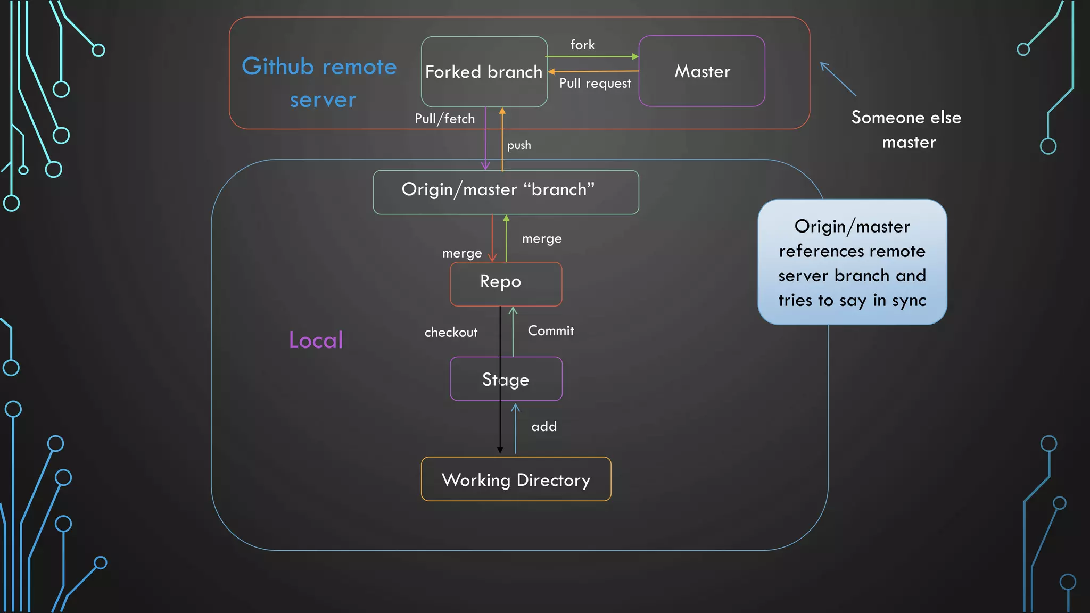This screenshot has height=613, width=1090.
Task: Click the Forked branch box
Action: click(484, 72)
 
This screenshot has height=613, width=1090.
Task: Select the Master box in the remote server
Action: click(701, 71)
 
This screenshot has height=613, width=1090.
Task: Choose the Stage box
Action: click(506, 379)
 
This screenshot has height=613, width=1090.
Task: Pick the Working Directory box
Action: click(516, 479)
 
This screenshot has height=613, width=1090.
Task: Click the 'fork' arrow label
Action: click(582, 45)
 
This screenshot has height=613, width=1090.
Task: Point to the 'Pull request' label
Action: click(595, 84)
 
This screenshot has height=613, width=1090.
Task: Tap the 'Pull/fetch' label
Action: click(444, 119)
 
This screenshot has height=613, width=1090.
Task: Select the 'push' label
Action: click(519, 145)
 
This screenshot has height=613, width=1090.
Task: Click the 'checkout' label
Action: click(451, 333)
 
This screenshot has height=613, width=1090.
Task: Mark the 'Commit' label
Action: click(551, 331)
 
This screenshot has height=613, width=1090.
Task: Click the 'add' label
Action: click(544, 427)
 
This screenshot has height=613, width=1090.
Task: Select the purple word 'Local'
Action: click(316, 340)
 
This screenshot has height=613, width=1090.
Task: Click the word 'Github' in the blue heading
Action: click(277, 67)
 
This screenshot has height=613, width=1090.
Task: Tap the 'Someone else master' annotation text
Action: click(906, 130)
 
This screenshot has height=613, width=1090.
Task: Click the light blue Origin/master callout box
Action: click(852, 262)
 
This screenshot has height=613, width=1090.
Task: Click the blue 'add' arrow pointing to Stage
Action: click(515, 428)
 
